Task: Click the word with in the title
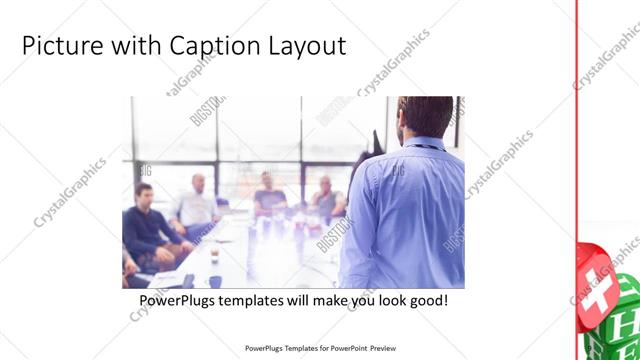[127, 46]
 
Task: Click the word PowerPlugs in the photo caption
[175, 299]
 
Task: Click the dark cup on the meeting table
[214, 253]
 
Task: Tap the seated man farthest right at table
[327, 200]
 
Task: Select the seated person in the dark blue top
[267, 195]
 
